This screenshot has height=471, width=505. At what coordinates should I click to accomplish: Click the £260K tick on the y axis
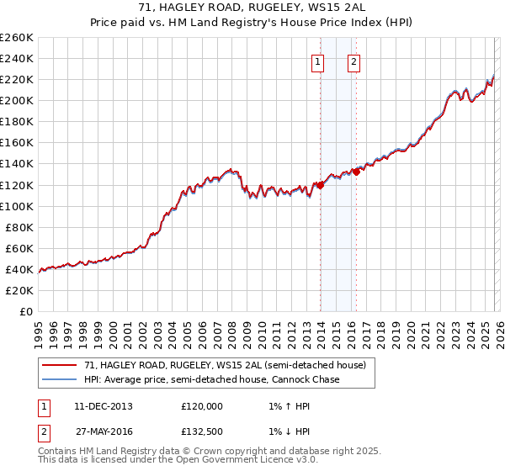(x=16, y=38)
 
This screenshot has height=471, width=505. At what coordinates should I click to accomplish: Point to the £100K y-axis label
(x=16, y=206)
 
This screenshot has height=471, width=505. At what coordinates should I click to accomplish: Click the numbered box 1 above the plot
(x=318, y=61)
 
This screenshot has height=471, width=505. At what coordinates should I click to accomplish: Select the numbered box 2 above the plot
(x=353, y=61)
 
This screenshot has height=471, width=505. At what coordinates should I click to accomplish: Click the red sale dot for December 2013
(x=321, y=186)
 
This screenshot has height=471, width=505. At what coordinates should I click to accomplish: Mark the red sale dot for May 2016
(x=356, y=172)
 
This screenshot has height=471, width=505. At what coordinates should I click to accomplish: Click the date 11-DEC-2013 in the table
(x=103, y=406)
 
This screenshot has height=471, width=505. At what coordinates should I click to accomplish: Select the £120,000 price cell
(x=201, y=406)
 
